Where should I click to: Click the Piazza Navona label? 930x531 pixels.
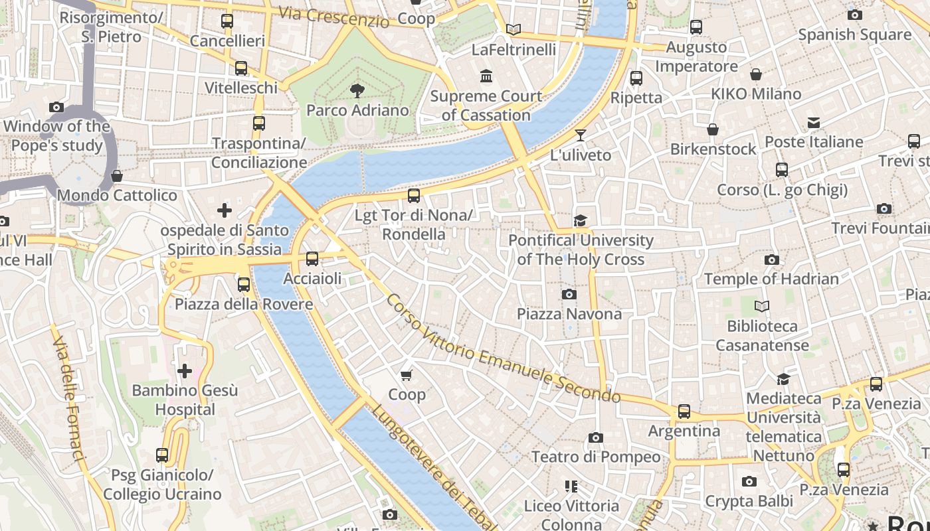(569, 314)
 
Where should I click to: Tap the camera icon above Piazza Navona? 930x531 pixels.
(569, 294)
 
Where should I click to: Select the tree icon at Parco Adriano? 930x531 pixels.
(357, 90)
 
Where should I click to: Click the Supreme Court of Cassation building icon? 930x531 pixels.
(486, 76)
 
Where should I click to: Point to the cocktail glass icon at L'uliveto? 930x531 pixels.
(581, 135)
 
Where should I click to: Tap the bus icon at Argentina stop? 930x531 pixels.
(684, 412)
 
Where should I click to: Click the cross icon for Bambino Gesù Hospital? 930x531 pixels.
(185, 370)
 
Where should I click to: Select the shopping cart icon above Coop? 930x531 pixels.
(407, 375)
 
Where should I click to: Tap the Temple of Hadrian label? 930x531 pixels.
(771, 279)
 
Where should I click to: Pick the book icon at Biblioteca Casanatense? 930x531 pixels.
(762, 306)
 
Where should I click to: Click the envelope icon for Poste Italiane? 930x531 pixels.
(814, 122)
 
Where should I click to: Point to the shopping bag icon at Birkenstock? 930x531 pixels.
(713, 129)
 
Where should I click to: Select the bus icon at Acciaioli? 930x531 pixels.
(312, 259)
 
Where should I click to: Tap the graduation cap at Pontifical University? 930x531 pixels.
(581, 220)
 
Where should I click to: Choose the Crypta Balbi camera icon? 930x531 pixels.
(749, 481)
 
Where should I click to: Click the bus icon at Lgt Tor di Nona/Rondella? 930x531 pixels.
(414, 195)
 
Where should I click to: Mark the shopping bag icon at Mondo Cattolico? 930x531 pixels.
(117, 176)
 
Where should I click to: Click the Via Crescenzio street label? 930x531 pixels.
(333, 17)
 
